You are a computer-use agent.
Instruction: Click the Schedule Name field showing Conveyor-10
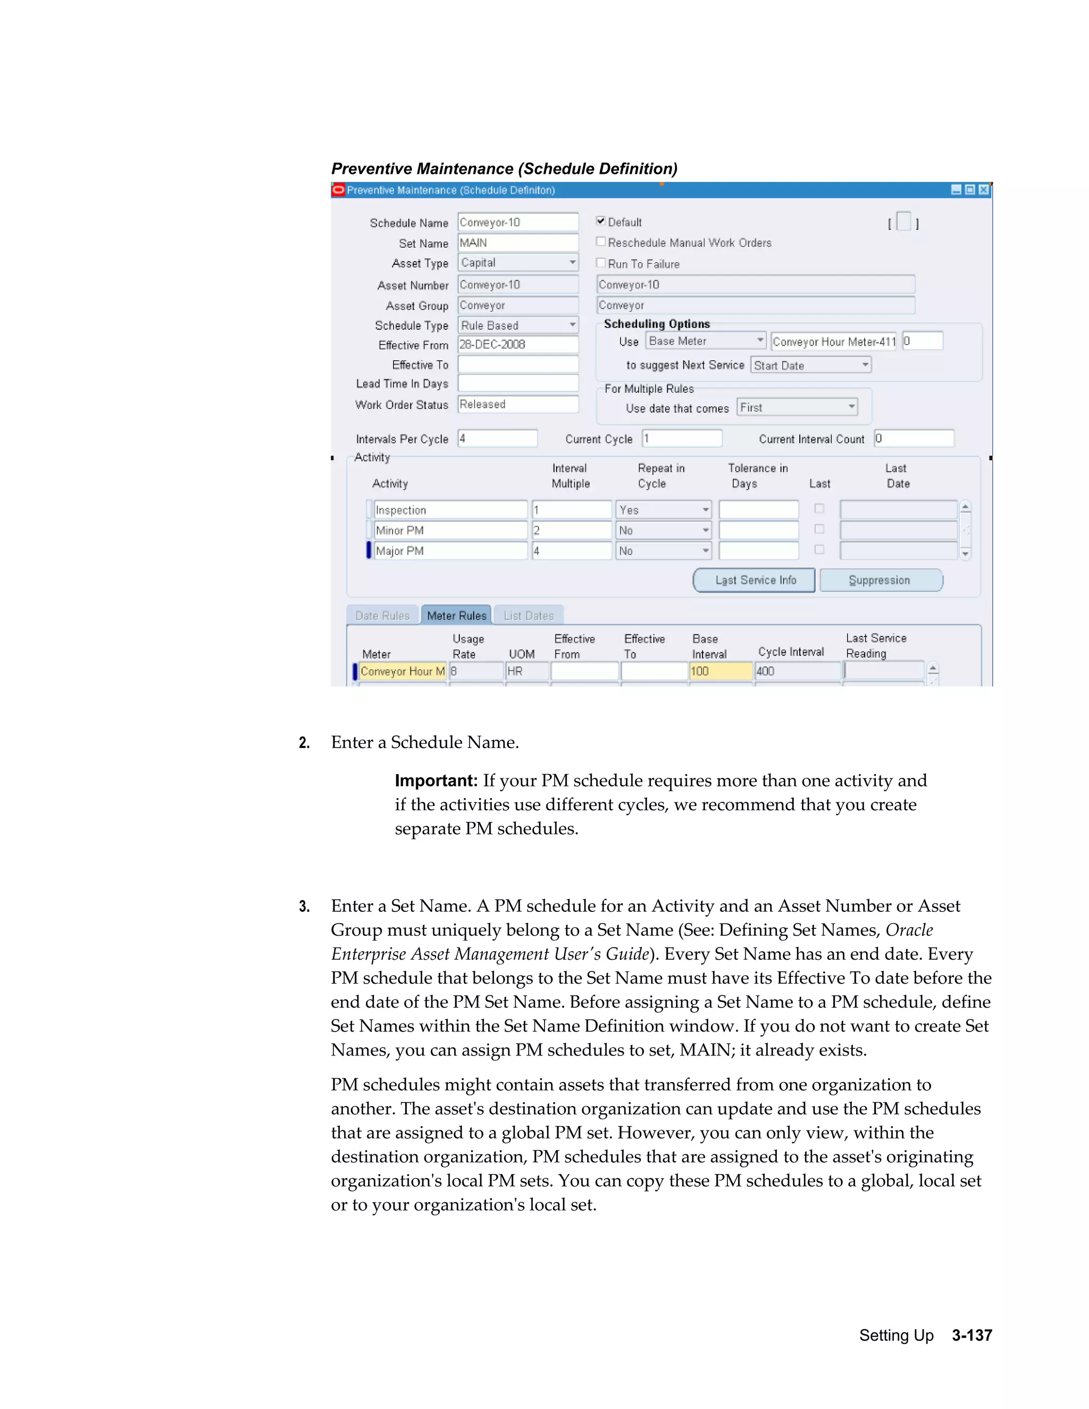(517, 222)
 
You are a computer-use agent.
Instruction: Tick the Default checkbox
(601, 221)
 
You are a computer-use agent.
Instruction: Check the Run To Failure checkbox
(601, 263)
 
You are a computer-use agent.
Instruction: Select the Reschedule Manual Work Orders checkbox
(601, 242)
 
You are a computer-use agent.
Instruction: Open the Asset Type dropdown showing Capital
(572, 263)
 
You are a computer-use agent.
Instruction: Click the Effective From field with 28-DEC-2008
(517, 345)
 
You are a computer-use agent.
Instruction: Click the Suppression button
(880, 580)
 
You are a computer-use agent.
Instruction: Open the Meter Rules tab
(456, 616)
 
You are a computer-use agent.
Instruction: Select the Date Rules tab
(382, 616)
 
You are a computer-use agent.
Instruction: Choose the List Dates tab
(529, 616)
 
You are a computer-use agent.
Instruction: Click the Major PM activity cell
(450, 551)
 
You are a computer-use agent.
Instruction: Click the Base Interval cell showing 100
(720, 671)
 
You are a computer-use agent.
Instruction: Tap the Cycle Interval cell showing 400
(798, 671)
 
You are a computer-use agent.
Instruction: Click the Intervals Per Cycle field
(497, 439)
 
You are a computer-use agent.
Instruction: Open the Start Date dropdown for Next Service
(865, 365)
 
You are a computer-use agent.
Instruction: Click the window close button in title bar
(983, 190)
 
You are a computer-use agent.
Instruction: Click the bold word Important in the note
(435, 781)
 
